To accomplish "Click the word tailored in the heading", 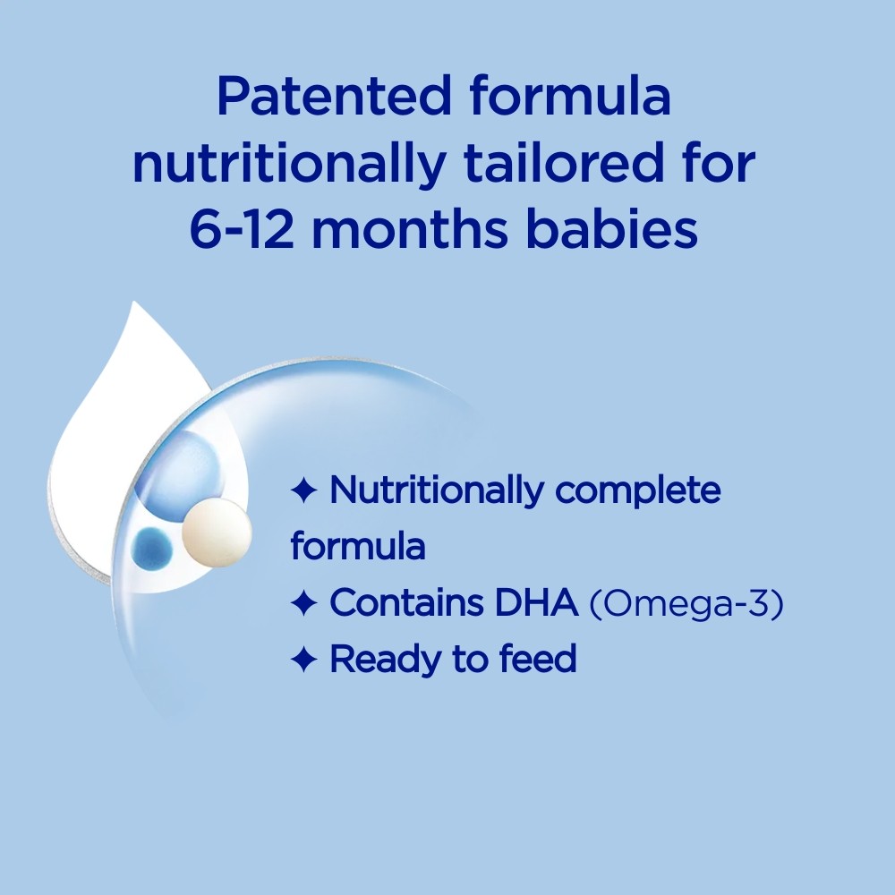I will pos(595,165).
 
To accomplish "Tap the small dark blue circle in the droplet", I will pos(151,546).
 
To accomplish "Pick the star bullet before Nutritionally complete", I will pos(303,490).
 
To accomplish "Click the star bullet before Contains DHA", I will pos(303,604).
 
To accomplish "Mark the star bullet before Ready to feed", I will pos(303,661).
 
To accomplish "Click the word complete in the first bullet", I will pos(637,492).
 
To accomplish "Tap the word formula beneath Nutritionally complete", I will pos(357,547).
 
